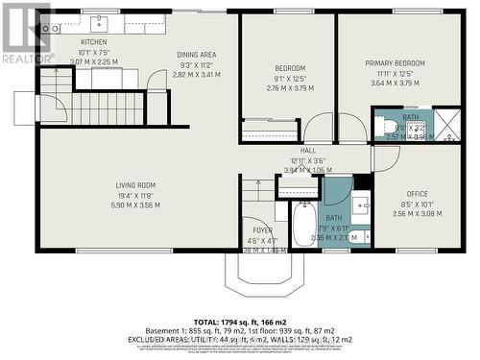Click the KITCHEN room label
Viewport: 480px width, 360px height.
[x=93, y=42]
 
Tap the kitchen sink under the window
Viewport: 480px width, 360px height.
[x=99, y=22]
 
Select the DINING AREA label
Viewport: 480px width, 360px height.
[x=196, y=55]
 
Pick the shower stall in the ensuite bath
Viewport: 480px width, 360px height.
[x=444, y=126]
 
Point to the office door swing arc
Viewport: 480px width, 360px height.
[x=384, y=158]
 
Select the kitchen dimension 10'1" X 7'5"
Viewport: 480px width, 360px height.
[x=93, y=52]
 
